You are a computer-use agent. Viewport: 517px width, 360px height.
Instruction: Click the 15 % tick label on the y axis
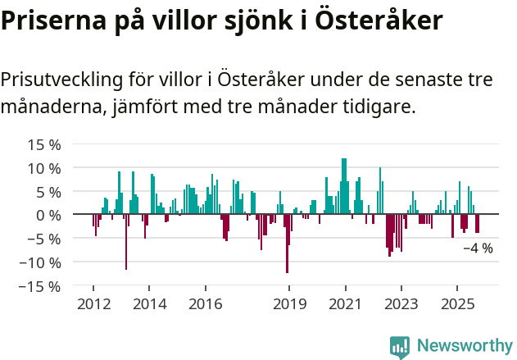(44, 144)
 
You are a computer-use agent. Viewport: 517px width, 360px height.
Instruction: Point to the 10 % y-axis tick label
(44, 168)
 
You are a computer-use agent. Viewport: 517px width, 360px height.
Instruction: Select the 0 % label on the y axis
(48, 215)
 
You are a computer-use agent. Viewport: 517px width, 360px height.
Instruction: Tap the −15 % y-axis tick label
(41, 286)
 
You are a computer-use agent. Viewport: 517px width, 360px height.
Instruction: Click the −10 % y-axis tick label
(41, 262)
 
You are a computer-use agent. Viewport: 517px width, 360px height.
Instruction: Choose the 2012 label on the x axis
(93, 303)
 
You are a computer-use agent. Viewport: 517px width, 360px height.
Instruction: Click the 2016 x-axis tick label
(205, 303)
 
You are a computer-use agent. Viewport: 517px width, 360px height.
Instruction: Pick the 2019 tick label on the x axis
(288, 303)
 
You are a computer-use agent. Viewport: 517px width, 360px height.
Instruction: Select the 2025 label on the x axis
(456, 303)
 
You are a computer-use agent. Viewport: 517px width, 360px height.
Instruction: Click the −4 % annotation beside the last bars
(478, 248)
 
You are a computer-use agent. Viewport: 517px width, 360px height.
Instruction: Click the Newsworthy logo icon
(400, 346)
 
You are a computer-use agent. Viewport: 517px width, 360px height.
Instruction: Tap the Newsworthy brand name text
(464, 346)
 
